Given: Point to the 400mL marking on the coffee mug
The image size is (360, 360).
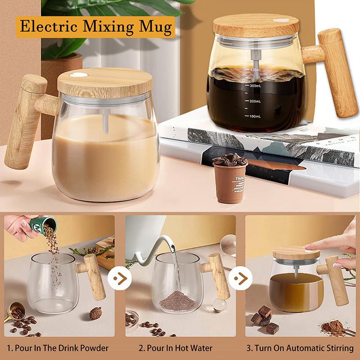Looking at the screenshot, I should click(x=255, y=70).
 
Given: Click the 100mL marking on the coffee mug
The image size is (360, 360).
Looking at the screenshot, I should click(x=255, y=117).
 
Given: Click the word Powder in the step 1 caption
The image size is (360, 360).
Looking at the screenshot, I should click(x=93, y=348).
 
